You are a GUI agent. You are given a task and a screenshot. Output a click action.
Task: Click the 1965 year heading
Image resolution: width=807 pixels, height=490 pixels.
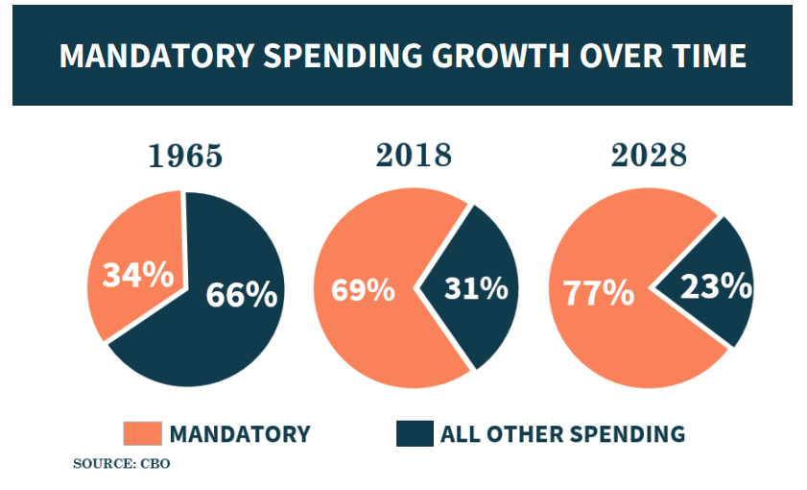(184, 156)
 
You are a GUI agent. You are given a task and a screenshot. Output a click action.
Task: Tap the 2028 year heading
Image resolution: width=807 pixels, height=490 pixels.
(650, 156)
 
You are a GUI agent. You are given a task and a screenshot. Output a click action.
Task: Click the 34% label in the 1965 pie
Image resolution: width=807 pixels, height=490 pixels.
(137, 276)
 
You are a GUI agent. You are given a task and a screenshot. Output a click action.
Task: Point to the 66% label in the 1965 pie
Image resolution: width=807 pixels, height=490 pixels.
(241, 294)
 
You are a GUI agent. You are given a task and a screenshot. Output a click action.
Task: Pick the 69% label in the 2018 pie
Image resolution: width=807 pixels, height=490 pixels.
(363, 289)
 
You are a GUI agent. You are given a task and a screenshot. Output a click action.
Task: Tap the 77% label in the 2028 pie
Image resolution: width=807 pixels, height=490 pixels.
(598, 293)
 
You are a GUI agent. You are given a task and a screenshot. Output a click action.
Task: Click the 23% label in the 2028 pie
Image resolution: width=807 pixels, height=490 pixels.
(715, 285)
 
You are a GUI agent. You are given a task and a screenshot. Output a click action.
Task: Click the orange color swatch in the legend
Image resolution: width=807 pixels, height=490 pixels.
(142, 433)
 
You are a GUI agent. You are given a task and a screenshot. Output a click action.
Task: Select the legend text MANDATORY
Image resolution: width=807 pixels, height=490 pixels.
(240, 434)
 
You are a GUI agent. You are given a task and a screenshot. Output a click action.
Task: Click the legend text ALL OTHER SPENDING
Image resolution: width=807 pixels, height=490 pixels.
(562, 434)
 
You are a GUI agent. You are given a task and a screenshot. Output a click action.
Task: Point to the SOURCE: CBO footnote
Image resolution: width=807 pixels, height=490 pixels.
(121, 464)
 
